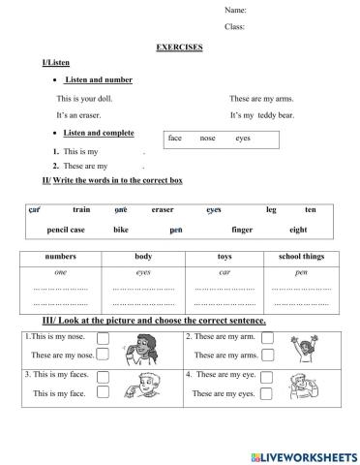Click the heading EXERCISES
coord(179,46)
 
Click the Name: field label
coord(235,10)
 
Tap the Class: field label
coord(235,27)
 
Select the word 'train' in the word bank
coord(81,209)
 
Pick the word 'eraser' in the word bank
coord(163,209)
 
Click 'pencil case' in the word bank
coord(66,230)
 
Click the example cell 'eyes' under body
coord(143,273)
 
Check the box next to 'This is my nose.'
coord(104,337)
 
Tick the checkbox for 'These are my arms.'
coord(267,355)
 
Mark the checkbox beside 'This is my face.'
coord(104,394)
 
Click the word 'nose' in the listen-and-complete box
coord(207,139)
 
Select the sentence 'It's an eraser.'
coord(78,115)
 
